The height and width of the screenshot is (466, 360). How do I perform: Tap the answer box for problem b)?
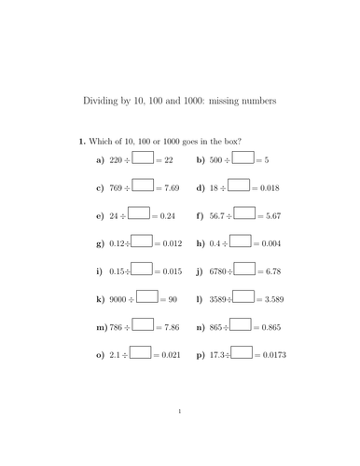pos(241,159)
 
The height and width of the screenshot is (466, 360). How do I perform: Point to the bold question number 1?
pos(82,141)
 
